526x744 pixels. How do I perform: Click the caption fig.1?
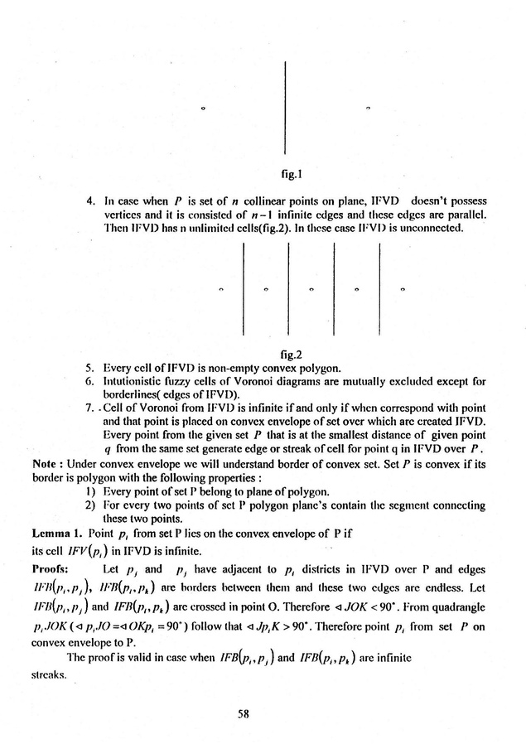(x=289, y=175)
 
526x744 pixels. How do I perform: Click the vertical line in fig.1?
(x=285, y=107)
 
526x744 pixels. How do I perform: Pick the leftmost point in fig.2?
(x=221, y=289)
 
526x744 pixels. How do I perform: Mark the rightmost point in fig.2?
(x=402, y=289)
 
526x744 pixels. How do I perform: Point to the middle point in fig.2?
(x=311, y=289)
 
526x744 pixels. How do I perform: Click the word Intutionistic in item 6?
(x=132, y=383)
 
